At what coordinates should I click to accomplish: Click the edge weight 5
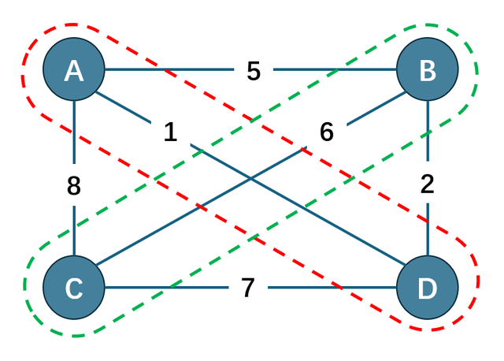253,71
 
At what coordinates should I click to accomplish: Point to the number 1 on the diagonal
171,132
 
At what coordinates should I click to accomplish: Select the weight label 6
327,132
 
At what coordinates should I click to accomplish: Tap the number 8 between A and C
73,186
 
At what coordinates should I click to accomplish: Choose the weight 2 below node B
427,184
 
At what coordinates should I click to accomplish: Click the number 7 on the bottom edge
248,288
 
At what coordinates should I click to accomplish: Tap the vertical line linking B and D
427,229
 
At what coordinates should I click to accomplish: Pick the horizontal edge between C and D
331,288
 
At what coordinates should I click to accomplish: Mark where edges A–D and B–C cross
250,179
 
